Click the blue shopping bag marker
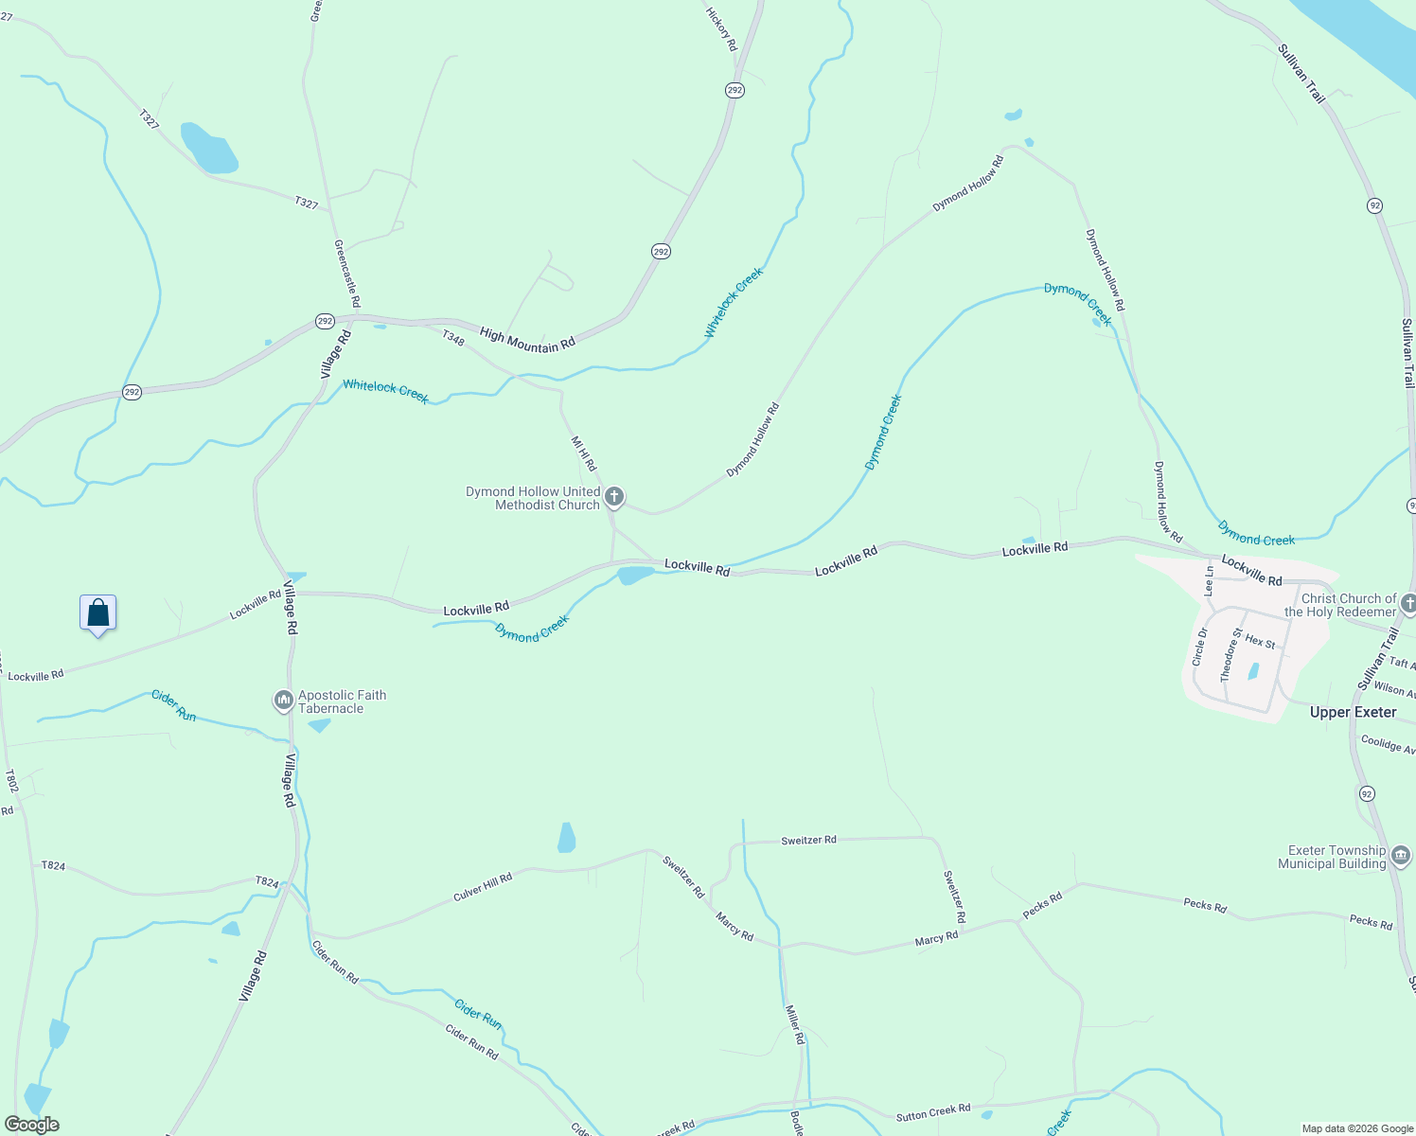(98, 613)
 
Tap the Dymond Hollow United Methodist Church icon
(614, 496)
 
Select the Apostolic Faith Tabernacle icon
(283, 701)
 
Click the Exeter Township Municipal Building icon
(1401, 856)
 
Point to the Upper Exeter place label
(1353, 712)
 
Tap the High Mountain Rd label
(527, 340)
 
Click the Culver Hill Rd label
(483, 887)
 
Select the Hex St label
(1260, 642)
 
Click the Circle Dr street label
(1200, 647)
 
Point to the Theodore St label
(1230, 655)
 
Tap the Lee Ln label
(1209, 580)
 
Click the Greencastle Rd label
(347, 273)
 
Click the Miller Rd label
(795, 1024)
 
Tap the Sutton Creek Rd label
(933, 1113)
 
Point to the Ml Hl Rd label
(584, 453)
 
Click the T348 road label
(453, 336)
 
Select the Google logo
(31, 1125)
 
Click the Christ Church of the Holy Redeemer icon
(1408, 604)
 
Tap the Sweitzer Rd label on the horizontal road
(808, 840)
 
